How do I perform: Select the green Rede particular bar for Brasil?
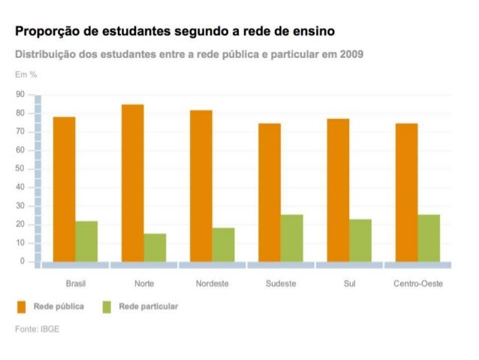[x=86, y=241]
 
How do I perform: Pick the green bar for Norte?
[x=155, y=247]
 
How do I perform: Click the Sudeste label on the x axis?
[x=281, y=284]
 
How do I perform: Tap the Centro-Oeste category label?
[x=418, y=284]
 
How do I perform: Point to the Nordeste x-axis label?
[x=212, y=284]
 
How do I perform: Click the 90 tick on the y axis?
[x=20, y=95]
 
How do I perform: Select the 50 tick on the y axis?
[x=20, y=169]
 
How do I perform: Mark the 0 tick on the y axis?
[x=23, y=262]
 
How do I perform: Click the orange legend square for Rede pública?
[x=22, y=307]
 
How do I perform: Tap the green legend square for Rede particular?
[x=107, y=307]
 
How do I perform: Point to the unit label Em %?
[x=26, y=74]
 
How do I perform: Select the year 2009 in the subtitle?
[x=351, y=56]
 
